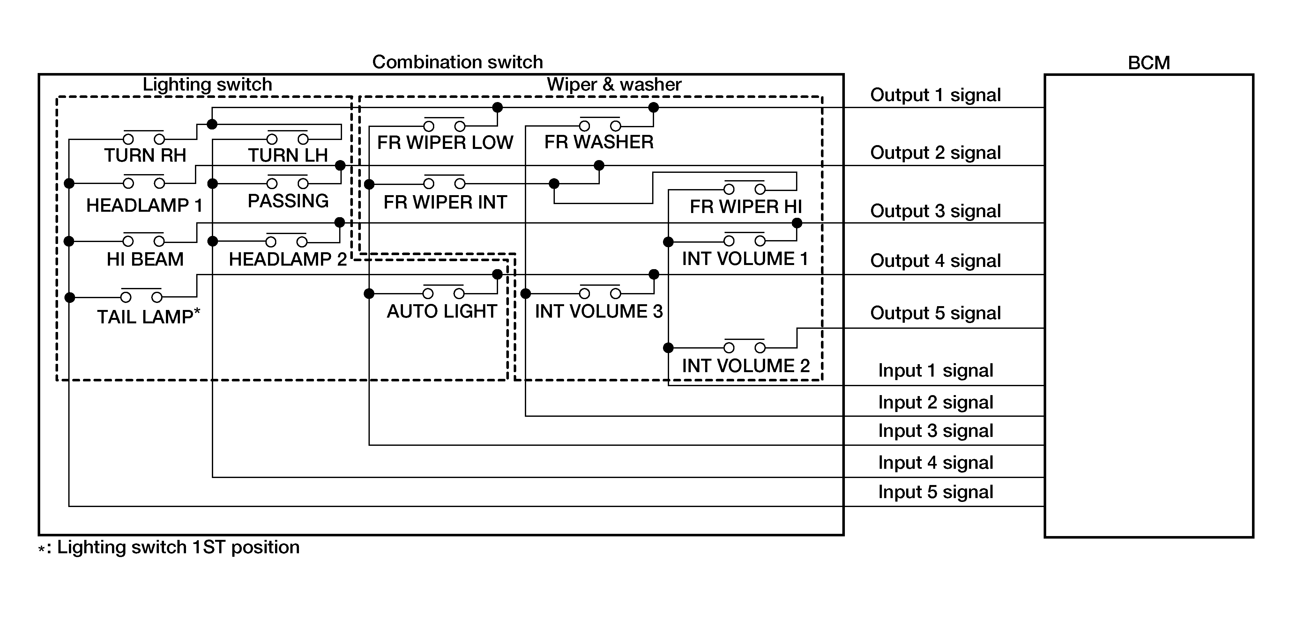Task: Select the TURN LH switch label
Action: click(288, 156)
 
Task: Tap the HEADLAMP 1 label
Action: click(144, 205)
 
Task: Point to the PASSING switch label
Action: click(288, 201)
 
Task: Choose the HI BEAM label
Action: click(145, 260)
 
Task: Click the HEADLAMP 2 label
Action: click(288, 260)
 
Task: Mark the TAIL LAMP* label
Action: click(148, 317)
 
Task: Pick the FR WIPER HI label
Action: click(746, 207)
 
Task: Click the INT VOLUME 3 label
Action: click(599, 312)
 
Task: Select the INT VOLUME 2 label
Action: click(746, 366)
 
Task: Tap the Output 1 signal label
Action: click(935, 95)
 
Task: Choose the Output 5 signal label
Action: click(935, 313)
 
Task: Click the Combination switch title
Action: click(457, 62)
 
